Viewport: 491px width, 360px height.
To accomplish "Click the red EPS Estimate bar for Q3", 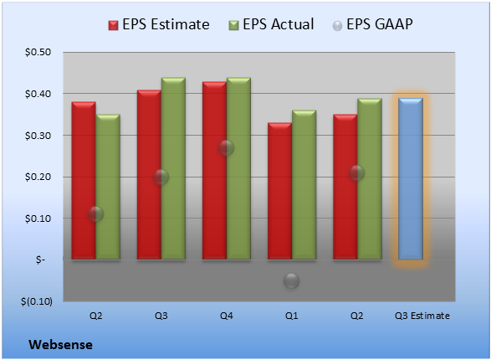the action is [149, 175].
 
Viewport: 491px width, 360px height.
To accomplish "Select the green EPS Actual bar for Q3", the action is [173, 168].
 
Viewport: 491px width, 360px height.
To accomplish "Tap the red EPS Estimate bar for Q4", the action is [214, 171].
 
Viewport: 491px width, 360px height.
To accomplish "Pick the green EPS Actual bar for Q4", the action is [238, 168].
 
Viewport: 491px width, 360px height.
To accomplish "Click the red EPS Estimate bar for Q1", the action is [279, 191].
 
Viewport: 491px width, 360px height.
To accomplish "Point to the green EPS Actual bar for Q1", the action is [304, 185].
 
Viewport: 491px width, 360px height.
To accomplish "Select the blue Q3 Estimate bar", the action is [411, 179].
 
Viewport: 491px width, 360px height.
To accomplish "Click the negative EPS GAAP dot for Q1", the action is [292, 280].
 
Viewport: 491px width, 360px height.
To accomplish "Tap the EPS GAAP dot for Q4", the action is [226, 147].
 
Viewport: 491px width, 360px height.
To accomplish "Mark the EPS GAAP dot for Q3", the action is [161, 177].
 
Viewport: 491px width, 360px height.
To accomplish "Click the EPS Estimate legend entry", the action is [159, 24].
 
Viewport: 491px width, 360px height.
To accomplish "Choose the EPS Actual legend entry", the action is [271, 24].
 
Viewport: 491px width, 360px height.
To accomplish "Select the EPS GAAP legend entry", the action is [372, 24].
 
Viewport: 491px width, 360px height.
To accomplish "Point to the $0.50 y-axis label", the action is [38, 52].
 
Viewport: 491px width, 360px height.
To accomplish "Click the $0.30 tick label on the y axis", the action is [38, 136].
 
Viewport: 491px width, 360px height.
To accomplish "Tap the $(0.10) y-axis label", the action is [37, 301].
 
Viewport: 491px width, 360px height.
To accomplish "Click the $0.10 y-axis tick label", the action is [38, 219].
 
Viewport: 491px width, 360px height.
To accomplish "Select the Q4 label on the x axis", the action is [227, 316].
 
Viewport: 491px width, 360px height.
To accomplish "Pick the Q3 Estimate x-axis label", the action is [422, 316].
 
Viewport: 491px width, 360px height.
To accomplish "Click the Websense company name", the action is [60, 345].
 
